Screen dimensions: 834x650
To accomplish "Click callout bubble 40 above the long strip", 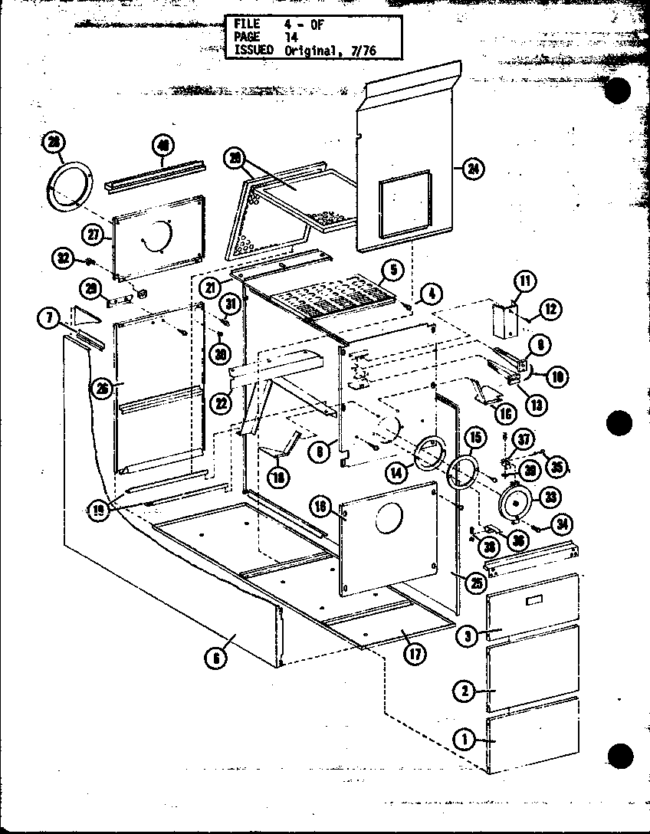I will pyautogui.click(x=162, y=145).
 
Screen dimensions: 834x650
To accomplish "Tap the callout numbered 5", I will pyautogui.click(x=391, y=270).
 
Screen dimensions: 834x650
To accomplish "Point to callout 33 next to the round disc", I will pyautogui.click(x=549, y=497).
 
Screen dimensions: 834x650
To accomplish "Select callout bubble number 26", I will pyautogui.click(x=100, y=388).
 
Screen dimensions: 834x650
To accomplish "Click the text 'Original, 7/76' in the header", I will pyautogui.click(x=331, y=51).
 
